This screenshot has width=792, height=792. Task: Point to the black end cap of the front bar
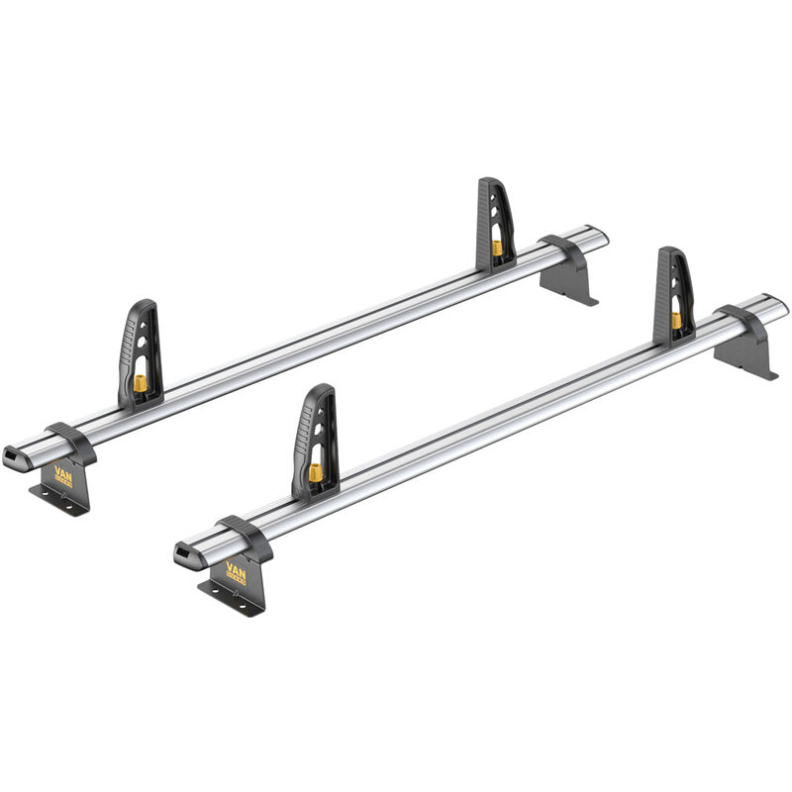[x=184, y=551]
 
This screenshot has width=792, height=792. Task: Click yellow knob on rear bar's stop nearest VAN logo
[x=143, y=382]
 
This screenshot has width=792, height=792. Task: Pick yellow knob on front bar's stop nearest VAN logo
[x=315, y=473]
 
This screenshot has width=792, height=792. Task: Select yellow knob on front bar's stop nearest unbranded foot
[x=676, y=320]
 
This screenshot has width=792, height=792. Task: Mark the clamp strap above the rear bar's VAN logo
[x=70, y=441]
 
